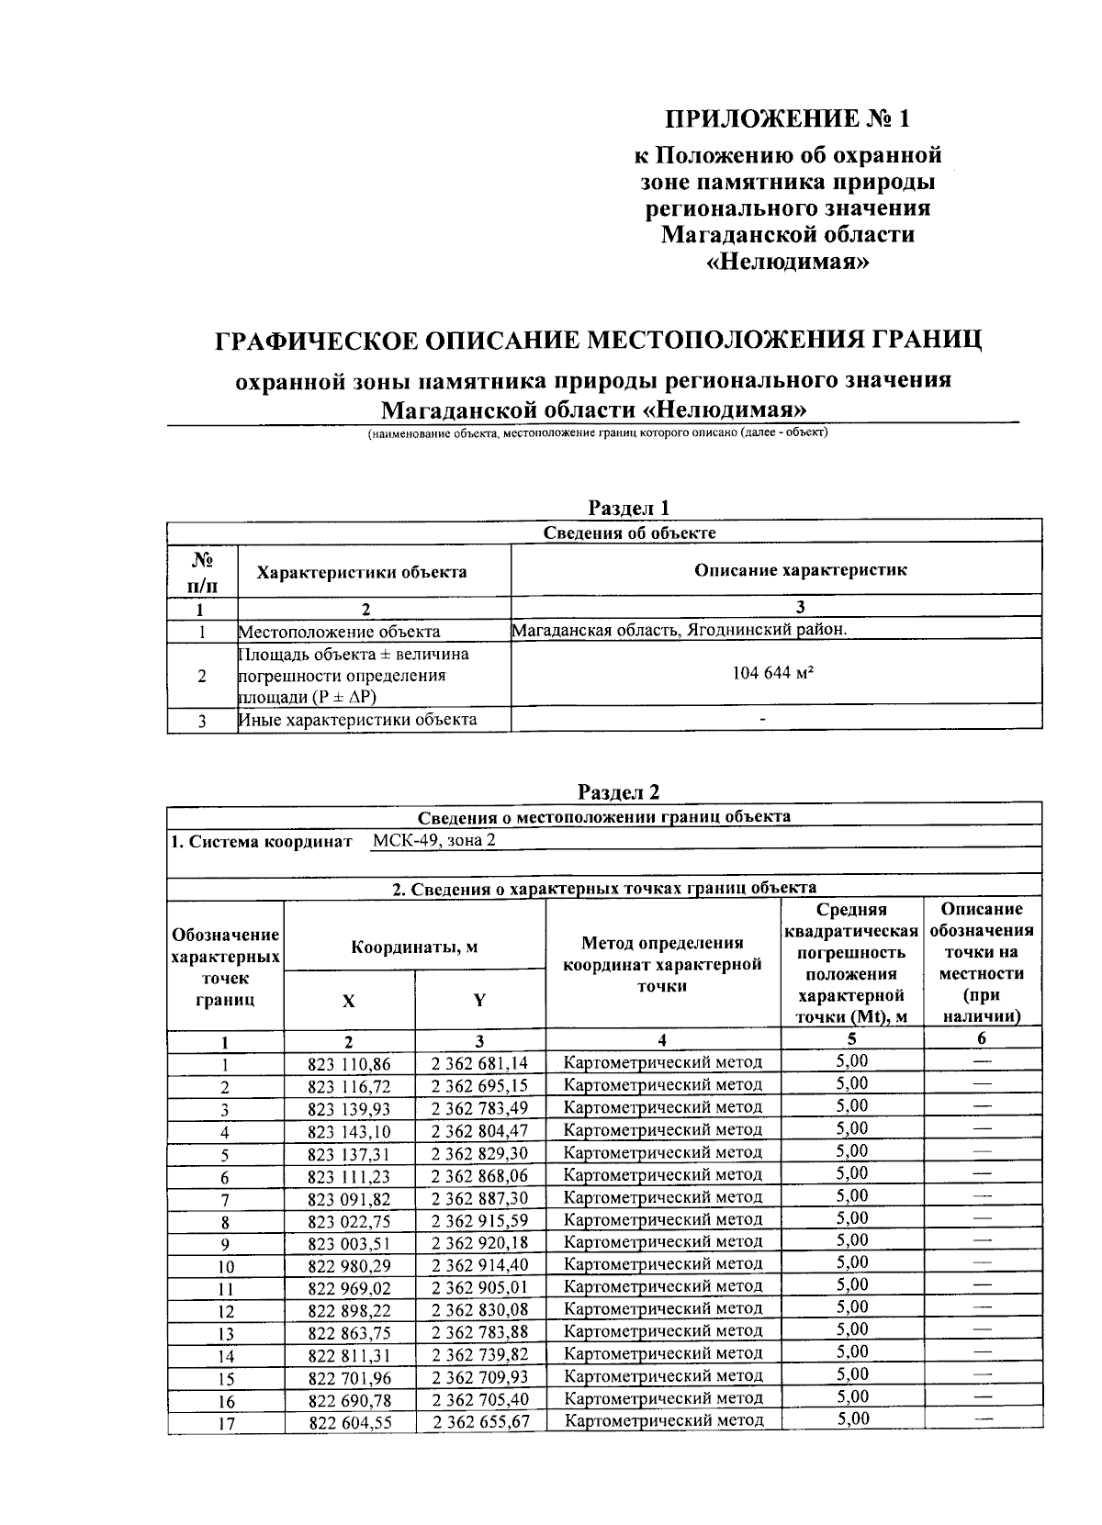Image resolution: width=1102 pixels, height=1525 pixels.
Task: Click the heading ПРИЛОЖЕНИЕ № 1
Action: click(790, 119)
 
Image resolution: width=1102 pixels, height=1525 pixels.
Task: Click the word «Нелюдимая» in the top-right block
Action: click(790, 263)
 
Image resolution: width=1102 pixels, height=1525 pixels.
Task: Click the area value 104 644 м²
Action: click(774, 673)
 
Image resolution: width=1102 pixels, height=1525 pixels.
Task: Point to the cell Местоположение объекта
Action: click(339, 632)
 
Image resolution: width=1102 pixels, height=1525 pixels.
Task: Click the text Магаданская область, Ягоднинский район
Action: click(679, 630)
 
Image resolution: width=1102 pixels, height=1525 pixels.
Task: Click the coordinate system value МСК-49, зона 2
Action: click(434, 841)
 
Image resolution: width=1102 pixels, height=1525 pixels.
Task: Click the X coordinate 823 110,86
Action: click(349, 1064)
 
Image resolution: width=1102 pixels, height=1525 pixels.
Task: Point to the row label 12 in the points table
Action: click(226, 1312)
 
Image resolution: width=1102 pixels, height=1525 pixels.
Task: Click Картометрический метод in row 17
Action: click(663, 1420)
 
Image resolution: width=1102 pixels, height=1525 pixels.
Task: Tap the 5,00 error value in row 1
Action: click(851, 1061)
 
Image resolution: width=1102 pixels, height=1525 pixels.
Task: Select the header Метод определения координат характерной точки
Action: click(662, 964)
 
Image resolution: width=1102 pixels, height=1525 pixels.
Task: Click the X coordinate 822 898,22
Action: click(349, 1309)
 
